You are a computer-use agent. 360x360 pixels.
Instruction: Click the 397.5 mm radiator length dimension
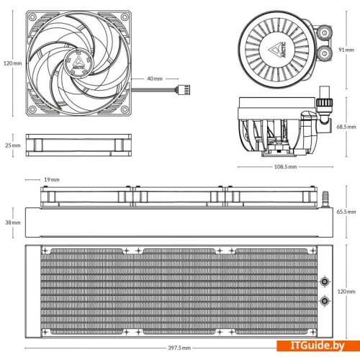pos(179,348)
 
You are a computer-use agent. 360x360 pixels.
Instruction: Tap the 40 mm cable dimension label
pos(155,78)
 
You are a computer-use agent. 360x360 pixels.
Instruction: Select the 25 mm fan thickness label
pos(13,145)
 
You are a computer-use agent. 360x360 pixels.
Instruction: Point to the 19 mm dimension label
pos(52,179)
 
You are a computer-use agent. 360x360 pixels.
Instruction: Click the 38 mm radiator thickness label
pos(13,222)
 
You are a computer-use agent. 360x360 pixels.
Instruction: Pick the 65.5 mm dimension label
pos(346,212)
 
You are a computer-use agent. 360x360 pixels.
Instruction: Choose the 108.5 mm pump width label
pos(285,166)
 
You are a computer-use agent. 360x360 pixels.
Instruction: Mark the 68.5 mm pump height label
pos(346,127)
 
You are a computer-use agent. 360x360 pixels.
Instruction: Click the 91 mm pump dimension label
pos(346,50)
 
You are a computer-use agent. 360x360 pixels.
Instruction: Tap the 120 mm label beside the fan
pos(12,63)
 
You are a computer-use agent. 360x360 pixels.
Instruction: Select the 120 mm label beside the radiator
pos(346,292)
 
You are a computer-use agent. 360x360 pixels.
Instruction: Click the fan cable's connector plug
pos(184,90)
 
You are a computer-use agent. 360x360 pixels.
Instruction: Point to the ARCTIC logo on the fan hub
pos(78,63)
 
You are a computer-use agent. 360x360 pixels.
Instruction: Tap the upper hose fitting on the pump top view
pos(325,32)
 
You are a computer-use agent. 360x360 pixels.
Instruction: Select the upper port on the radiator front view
pos(325,282)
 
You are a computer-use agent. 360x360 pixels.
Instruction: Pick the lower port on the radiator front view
pos(325,300)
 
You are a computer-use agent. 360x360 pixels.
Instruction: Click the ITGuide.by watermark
pos(318,346)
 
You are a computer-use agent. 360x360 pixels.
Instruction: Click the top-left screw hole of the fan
pos(32,17)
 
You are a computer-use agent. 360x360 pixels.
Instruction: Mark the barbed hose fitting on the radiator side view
pos(325,199)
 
